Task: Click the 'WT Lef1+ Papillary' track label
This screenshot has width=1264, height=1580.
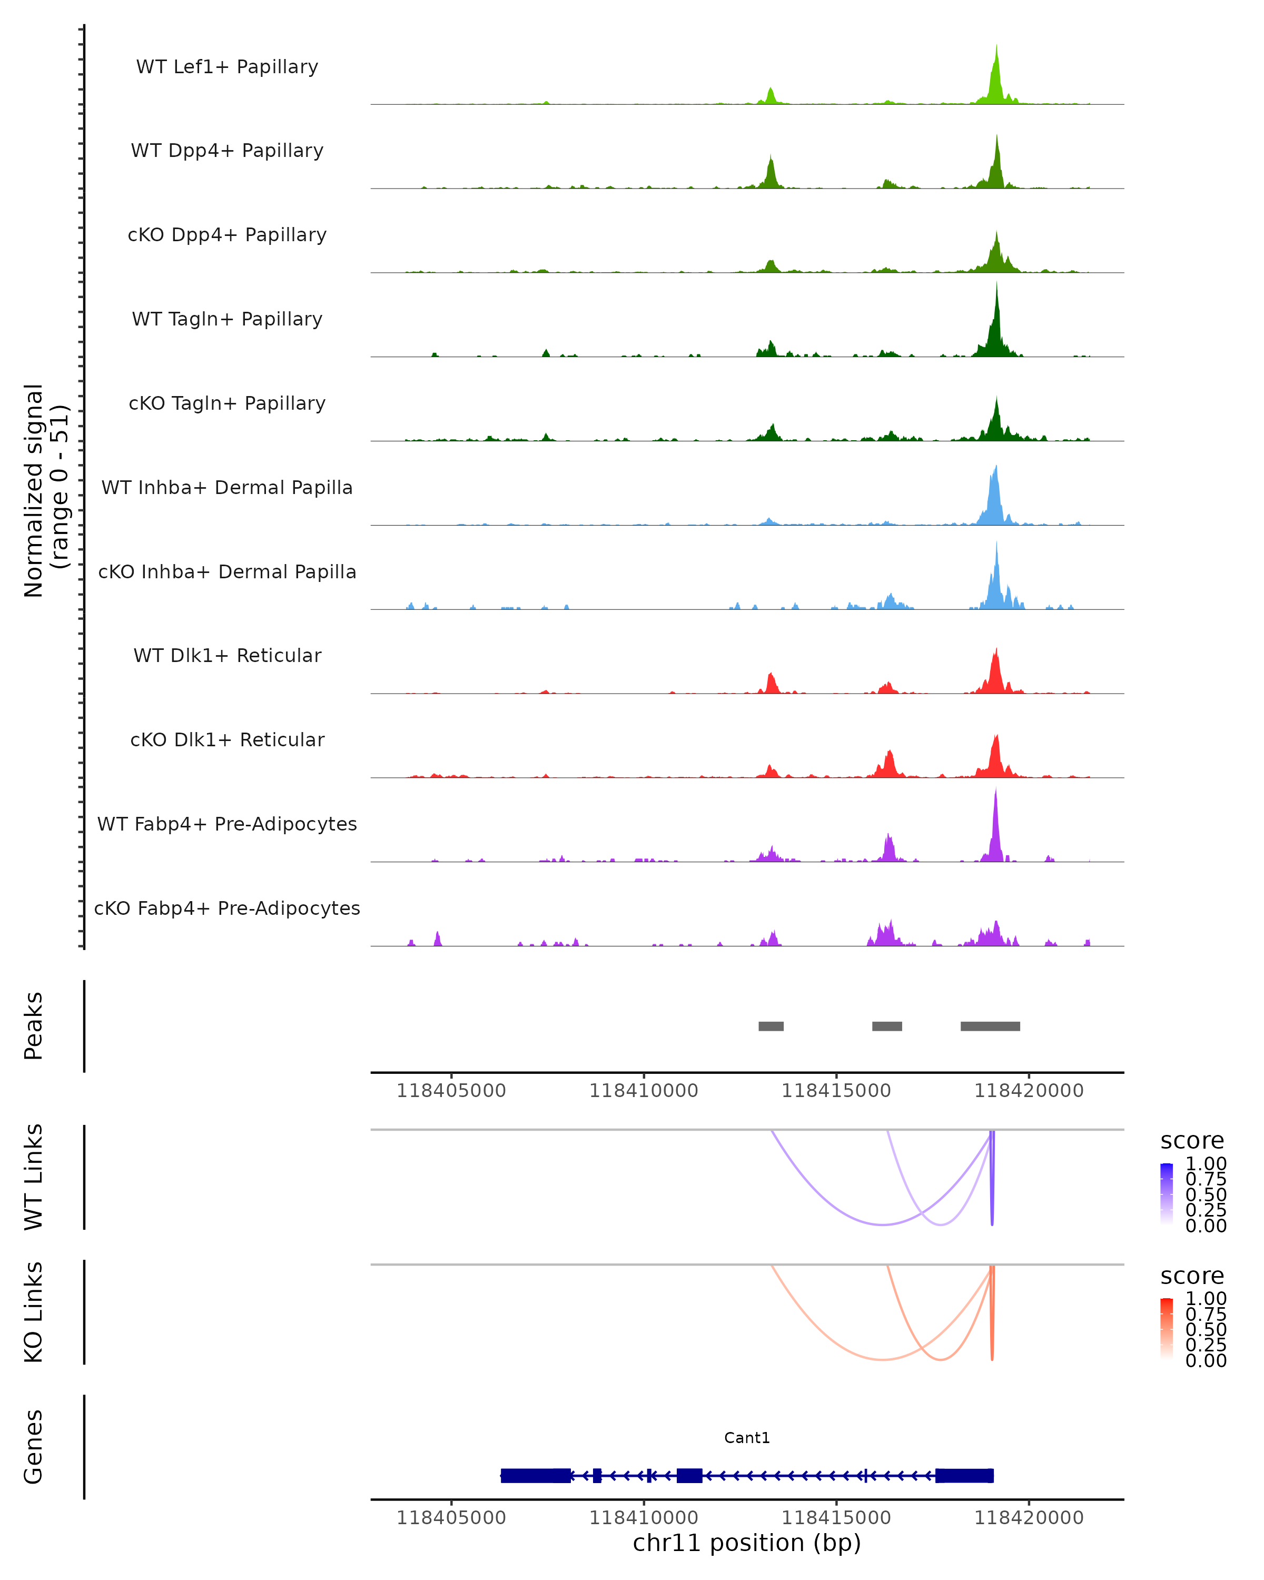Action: click(x=227, y=67)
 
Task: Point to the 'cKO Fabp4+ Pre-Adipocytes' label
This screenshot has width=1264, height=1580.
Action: click(x=227, y=908)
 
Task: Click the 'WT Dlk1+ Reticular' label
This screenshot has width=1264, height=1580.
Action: click(x=227, y=655)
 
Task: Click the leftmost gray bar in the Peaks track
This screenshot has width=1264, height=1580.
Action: click(x=771, y=1026)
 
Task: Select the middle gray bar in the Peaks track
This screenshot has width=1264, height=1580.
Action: click(x=886, y=1026)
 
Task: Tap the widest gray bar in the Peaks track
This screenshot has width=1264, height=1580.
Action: click(x=990, y=1026)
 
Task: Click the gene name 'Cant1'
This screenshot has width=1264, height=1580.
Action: click(x=747, y=1438)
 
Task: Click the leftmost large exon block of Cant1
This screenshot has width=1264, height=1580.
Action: click(x=536, y=1475)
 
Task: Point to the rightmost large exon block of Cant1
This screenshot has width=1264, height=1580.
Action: click(x=964, y=1475)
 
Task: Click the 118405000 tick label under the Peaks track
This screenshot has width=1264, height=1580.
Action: click(x=451, y=1091)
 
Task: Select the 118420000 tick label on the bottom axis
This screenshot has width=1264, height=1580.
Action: click(x=1029, y=1517)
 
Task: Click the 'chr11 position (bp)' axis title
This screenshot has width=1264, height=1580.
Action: click(x=747, y=1543)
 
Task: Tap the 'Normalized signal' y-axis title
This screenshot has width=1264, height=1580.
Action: click(x=34, y=490)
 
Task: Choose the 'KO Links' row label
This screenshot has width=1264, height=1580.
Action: click(x=34, y=1312)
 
